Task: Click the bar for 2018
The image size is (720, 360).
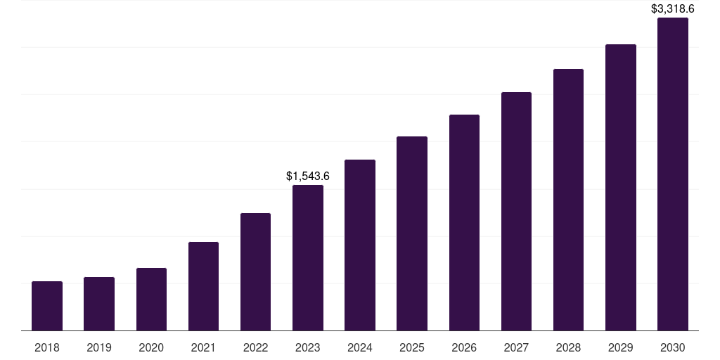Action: [x=47, y=306]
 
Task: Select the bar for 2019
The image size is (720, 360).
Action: [x=99, y=304]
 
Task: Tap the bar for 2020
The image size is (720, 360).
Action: [x=151, y=300]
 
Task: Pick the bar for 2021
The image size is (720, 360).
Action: [x=203, y=286]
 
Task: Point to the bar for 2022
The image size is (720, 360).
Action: [x=255, y=272]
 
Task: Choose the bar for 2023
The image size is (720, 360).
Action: [x=308, y=258]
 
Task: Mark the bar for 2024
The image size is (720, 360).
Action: [x=360, y=245]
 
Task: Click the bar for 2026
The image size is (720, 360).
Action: [x=464, y=223]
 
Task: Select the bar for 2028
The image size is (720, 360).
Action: [x=568, y=200]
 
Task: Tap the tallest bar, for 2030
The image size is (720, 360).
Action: [x=673, y=174]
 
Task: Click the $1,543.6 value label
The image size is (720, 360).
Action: [x=308, y=176]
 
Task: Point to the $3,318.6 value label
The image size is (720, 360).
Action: [x=673, y=9]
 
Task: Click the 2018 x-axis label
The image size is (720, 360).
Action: [x=47, y=347]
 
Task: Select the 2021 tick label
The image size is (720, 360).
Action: [x=203, y=347]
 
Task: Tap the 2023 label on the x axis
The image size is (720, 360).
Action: [x=308, y=347]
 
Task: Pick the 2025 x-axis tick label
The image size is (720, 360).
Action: [x=412, y=347]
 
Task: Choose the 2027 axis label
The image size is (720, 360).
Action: [x=516, y=347]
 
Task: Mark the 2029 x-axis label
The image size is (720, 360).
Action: [x=621, y=347]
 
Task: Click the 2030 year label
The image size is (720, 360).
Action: [x=673, y=347]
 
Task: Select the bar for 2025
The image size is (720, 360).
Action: [x=412, y=233]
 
